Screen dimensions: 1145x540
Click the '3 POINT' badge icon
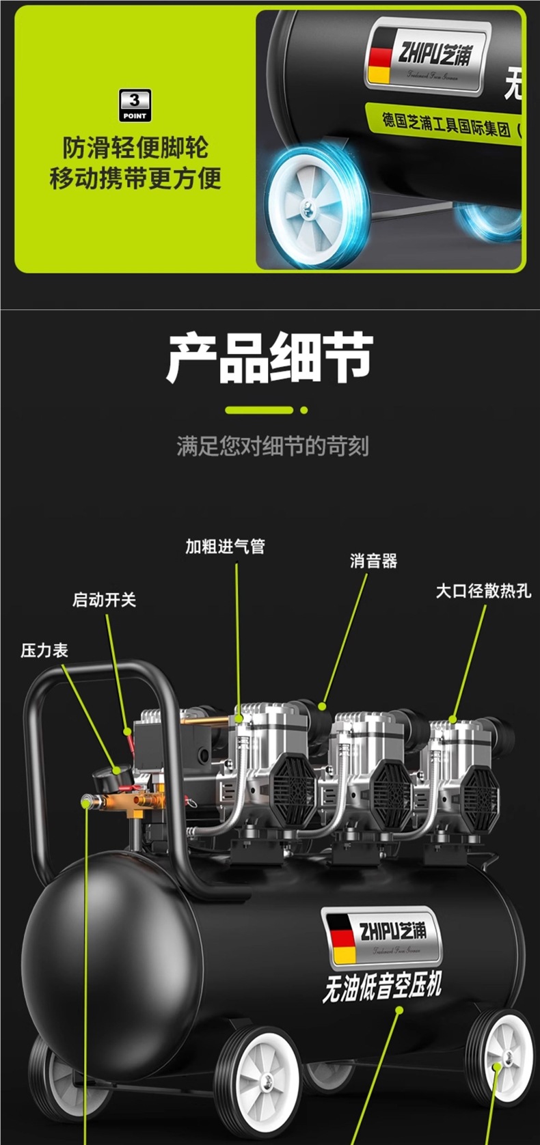coord(135,106)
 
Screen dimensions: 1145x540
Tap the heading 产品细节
coord(270,357)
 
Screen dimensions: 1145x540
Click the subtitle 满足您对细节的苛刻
coord(273,447)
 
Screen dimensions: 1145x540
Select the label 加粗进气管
coord(225,547)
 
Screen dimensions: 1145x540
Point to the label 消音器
coord(373,562)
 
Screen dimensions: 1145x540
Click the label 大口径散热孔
coord(483,591)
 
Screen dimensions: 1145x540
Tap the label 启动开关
coord(105,600)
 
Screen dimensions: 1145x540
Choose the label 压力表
coord(44,650)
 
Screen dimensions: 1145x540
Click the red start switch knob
coord(128,732)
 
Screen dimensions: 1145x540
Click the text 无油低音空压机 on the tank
coord(382,987)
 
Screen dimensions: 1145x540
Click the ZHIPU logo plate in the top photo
coord(428,55)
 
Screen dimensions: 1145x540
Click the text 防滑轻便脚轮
coord(135,148)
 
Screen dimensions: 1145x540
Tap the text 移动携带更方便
coord(135,178)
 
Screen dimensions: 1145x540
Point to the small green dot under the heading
coord(304,411)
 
